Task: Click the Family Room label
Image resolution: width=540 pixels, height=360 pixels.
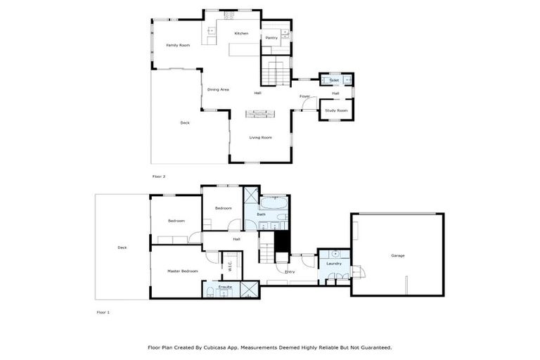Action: [178, 45]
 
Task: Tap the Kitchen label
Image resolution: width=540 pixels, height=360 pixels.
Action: [241, 33]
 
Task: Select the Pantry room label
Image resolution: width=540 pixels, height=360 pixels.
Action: [271, 38]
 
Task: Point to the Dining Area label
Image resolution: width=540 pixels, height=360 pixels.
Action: [218, 89]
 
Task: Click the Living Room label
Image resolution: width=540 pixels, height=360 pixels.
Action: [260, 137]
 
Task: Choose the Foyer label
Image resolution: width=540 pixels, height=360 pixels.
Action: [304, 96]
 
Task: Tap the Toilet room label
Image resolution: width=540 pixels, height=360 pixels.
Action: [334, 80]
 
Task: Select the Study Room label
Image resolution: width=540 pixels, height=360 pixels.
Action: [336, 110]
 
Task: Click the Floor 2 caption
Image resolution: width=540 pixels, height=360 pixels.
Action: [159, 176]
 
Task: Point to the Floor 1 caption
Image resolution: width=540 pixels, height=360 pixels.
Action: [103, 311]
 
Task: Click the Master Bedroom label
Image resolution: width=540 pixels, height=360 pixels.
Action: [182, 271]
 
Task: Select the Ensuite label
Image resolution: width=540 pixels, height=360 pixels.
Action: [225, 288]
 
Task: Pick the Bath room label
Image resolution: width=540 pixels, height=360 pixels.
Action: [261, 214]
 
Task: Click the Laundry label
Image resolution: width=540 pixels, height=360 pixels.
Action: [334, 264]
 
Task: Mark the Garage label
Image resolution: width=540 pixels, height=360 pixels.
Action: [397, 255]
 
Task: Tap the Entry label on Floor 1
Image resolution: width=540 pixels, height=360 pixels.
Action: [290, 271]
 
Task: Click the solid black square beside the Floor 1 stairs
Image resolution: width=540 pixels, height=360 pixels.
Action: [282, 240]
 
